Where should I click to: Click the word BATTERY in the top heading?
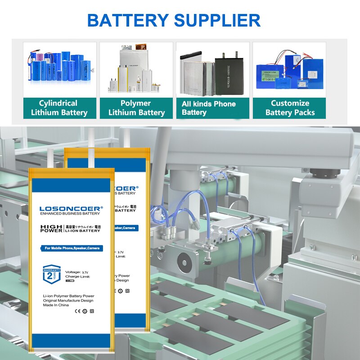[x=127, y=21]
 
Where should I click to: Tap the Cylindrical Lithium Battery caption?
[x=59, y=108]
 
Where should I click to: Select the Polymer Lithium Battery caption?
[x=136, y=108]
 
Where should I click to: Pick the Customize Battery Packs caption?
[x=290, y=108]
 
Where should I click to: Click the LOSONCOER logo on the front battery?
[x=71, y=208]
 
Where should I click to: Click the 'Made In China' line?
[x=56, y=305]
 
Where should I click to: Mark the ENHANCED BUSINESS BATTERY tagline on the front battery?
[x=70, y=214]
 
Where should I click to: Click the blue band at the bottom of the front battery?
[x=71, y=341]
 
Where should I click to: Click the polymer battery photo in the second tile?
[x=136, y=70]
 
